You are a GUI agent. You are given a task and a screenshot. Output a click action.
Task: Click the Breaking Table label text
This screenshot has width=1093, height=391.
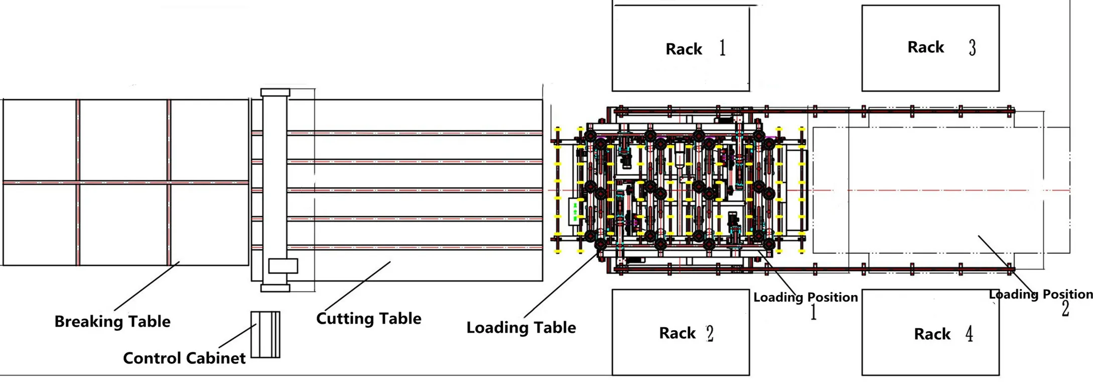tap(112, 322)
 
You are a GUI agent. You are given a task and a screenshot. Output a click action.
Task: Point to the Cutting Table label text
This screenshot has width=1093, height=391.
tap(368, 319)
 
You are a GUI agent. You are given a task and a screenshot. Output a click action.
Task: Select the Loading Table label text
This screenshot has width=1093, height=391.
tap(521, 328)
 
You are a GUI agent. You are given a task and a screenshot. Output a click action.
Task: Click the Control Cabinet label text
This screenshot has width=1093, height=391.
tap(184, 358)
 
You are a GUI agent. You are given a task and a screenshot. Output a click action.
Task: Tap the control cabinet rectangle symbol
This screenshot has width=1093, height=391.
tap(265, 335)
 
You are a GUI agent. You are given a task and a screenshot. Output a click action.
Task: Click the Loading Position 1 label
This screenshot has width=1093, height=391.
tap(805, 298)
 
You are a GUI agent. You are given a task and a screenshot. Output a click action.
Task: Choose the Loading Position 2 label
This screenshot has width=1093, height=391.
tap(1041, 295)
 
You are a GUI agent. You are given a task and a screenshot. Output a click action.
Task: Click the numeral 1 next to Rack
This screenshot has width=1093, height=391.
tap(722, 48)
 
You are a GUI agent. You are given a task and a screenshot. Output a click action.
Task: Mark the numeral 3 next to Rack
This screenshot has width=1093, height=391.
tap(972, 48)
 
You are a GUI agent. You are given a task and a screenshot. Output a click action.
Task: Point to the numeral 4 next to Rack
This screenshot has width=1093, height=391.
tap(969, 334)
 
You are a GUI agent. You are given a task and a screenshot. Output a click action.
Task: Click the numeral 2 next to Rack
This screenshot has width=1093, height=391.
tap(710, 333)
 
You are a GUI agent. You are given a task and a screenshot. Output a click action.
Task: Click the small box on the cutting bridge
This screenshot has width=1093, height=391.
tap(283, 266)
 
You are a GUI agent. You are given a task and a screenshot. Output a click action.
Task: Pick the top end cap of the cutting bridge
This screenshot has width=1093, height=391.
tap(275, 92)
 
